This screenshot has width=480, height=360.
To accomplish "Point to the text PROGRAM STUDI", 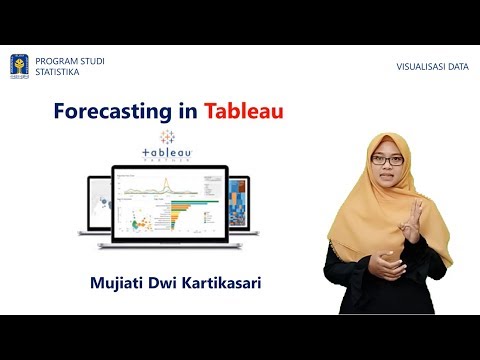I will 70,61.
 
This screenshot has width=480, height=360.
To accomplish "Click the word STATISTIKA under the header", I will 59,72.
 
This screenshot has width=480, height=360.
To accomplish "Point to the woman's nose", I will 386,170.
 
